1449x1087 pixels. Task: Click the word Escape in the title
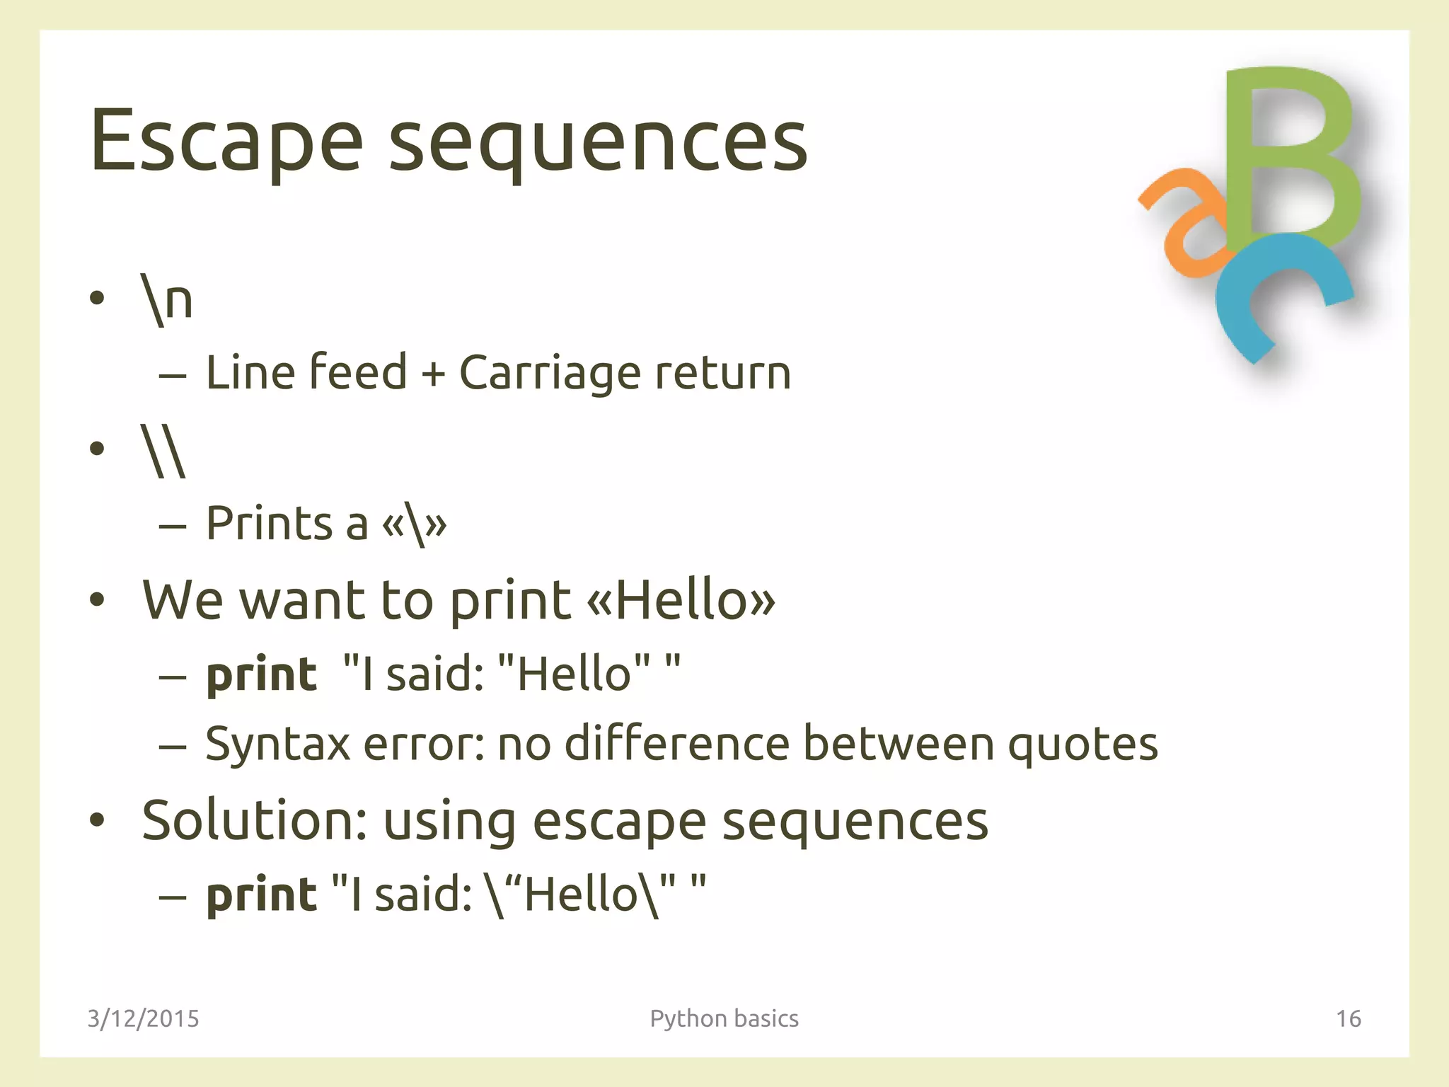pos(226,142)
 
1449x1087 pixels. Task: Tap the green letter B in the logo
pos(1291,156)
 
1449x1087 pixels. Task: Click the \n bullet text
pos(167,301)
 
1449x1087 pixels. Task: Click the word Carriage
pos(548,373)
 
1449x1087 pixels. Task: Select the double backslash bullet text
pos(163,451)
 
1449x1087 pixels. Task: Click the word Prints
pos(269,524)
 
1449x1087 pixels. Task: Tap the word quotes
pos(1083,744)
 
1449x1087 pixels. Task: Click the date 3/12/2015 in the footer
pos(144,1018)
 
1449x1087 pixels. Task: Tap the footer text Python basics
pos(724,1018)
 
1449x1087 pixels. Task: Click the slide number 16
pos(1348,1018)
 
